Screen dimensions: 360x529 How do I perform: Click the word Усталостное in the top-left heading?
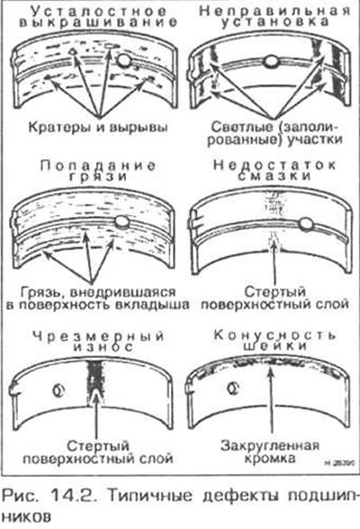coord(98,11)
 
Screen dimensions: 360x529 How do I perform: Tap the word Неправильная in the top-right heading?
coord(274,11)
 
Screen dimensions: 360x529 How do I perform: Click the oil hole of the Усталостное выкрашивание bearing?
coord(124,59)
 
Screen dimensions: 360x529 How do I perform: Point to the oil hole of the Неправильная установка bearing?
coord(271,61)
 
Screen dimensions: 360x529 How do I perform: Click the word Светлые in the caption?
coord(241,127)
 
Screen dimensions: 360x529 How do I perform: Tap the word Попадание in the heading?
coord(98,166)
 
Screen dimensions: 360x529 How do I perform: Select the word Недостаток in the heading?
coord(275,165)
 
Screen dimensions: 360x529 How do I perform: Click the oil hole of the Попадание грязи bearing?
coord(121,222)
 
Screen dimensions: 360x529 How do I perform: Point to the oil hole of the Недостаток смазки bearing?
coord(306,224)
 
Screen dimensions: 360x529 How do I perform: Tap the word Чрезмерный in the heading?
coord(99,336)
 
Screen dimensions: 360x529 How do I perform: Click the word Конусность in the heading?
coord(275,336)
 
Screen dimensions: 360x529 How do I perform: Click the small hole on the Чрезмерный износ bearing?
coord(58,390)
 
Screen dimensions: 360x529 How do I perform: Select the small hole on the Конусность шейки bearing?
coord(233,389)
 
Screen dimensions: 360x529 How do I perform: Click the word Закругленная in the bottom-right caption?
coord(270,446)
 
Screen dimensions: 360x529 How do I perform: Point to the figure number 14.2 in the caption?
coord(76,495)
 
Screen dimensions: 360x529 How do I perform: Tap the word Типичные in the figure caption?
coord(149,495)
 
